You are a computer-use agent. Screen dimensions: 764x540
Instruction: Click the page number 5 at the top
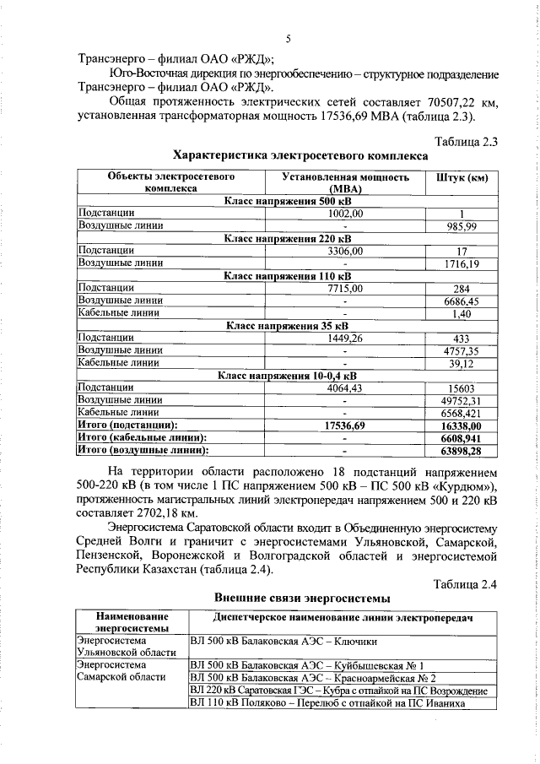(x=288, y=39)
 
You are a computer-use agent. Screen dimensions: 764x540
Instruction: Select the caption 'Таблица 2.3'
(x=467, y=140)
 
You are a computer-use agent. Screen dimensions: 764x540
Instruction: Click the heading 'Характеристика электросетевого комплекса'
(x=288, y=155)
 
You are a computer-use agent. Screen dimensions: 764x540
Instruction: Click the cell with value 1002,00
(x=345, y=214)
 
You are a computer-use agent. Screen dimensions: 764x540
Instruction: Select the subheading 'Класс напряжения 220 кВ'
(x=288, y=239)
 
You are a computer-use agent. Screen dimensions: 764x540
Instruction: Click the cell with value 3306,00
(x=345, y=251)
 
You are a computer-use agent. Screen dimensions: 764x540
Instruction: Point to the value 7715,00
(x=345, y=288)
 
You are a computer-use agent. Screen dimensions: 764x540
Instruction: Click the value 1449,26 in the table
(x=345, y=338)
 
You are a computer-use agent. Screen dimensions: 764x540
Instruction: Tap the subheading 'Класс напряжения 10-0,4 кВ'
(x=288, y=375)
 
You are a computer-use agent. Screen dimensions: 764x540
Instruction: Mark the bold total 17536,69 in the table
(x=345, y=425)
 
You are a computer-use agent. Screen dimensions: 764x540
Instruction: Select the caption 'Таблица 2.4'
(x=467, y=584)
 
